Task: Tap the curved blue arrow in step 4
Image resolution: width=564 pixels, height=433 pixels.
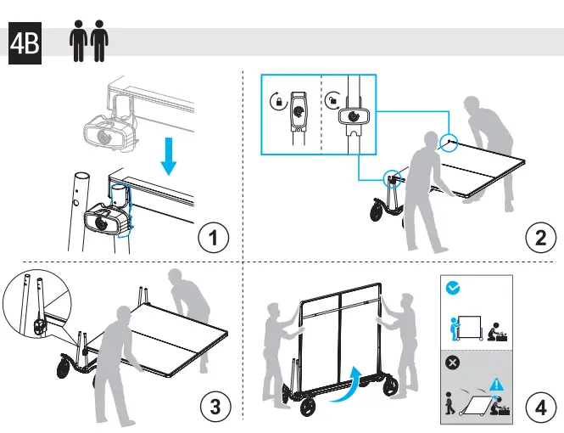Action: [x=351, y=385]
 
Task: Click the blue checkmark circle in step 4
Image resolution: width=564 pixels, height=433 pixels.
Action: [x=453, y=288]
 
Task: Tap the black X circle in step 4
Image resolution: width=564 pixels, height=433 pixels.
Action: [x=453, y=362]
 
